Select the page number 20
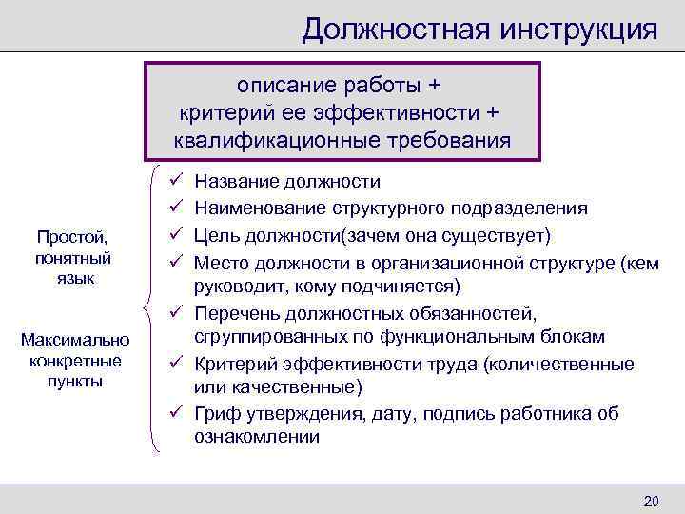click(x=652, y=502)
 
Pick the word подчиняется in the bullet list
click(x=401, y=286)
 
